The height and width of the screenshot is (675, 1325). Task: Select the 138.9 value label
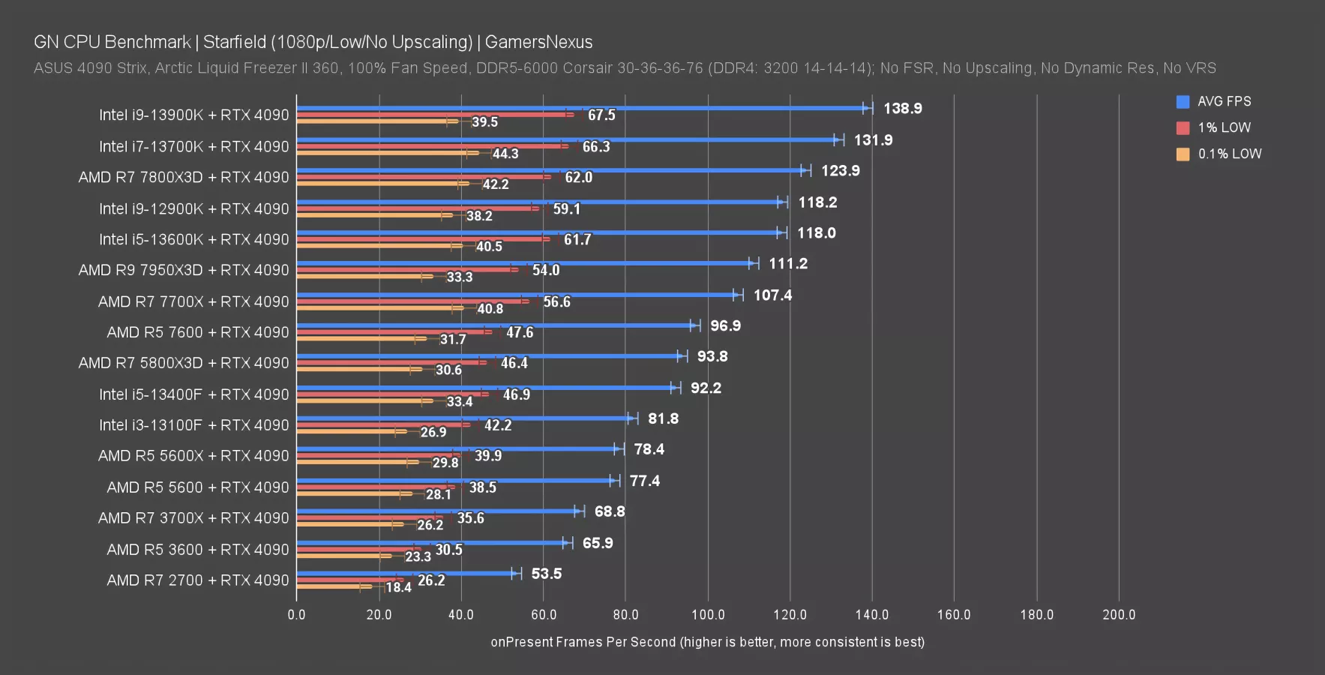pos(902,109)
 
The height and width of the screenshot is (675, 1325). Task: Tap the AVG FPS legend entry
pos(1223,101)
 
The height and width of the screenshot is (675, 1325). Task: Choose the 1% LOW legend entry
pos(1223,127)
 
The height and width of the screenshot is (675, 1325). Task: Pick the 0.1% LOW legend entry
pos(1229,154)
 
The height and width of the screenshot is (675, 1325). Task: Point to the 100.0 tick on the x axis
pos(707,615)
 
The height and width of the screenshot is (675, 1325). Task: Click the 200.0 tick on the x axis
pos(1119,615)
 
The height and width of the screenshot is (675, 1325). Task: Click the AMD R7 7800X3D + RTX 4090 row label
pos(184,178)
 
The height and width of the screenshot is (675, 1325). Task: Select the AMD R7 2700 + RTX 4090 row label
pos(197,580)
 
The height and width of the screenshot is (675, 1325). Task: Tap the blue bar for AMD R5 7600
pos(495,325)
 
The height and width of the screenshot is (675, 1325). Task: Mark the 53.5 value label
pos(546,574)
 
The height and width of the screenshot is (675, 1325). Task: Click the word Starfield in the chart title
pos(234,42)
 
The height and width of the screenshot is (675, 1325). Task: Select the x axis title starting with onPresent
pos(707,642)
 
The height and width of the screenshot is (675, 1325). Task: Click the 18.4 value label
pos(398,587)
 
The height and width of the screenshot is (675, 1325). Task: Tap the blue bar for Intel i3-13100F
pos(465,418)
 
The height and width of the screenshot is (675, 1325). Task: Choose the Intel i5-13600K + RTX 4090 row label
pos(193,240)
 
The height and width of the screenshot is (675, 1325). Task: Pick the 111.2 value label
pos(788,264)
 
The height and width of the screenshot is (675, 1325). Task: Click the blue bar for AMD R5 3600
pos(432,543)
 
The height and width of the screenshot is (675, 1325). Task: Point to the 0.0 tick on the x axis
pos(296,615)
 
